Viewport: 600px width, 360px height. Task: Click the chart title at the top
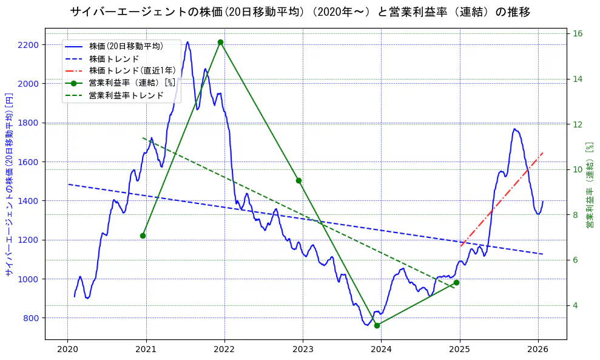coord(300,12)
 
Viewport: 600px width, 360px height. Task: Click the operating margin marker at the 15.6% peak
coord(220,42)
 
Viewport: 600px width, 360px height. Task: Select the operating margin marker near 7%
coord(143,236)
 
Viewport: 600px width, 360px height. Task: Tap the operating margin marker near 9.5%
coord(298,180)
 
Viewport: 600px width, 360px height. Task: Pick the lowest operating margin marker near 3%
coord(377,325)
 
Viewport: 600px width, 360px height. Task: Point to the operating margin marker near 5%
coord(456,282)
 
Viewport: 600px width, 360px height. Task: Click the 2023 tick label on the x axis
coord(303,350)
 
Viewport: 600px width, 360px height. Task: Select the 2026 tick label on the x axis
coord(538,350)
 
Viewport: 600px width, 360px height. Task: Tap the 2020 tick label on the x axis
coord(67,350)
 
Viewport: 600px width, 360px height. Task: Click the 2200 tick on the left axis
coord(29,45)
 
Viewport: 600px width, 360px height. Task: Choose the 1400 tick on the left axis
coord(29,201)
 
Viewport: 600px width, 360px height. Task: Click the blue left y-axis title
coord(9,185)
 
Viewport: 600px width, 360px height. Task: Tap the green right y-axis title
coord(589,185)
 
